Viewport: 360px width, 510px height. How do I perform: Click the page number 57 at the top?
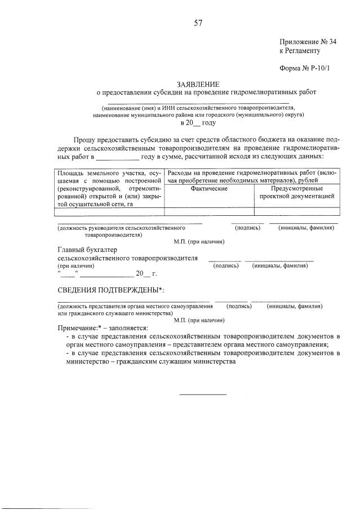tap(198, 23)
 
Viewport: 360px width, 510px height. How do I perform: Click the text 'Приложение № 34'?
tap(308, 41)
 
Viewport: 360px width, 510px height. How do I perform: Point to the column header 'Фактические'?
tap(209, 188)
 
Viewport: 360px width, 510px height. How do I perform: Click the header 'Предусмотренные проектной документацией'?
tap(297, 192)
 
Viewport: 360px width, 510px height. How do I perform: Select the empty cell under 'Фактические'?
tap(209, 212)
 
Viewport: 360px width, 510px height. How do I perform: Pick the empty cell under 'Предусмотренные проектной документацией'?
tap(297, 212)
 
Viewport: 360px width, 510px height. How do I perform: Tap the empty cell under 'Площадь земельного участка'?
tap(109, 212)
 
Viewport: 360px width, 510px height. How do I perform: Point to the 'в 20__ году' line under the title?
tap(198, 122)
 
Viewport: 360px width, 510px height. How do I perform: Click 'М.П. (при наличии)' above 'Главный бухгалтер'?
tap(199, 241)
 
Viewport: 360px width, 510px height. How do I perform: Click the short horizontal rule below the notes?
tap(203, 393)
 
